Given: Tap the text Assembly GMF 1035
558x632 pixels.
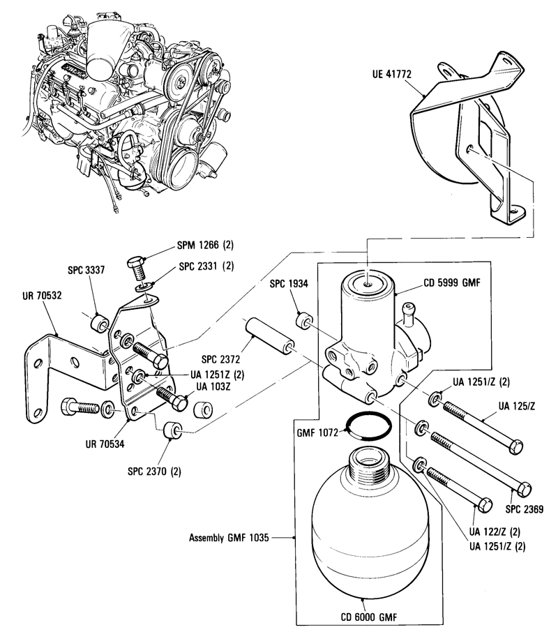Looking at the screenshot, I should [229, 539].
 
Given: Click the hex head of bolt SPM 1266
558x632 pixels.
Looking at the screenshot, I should [136, 265].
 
